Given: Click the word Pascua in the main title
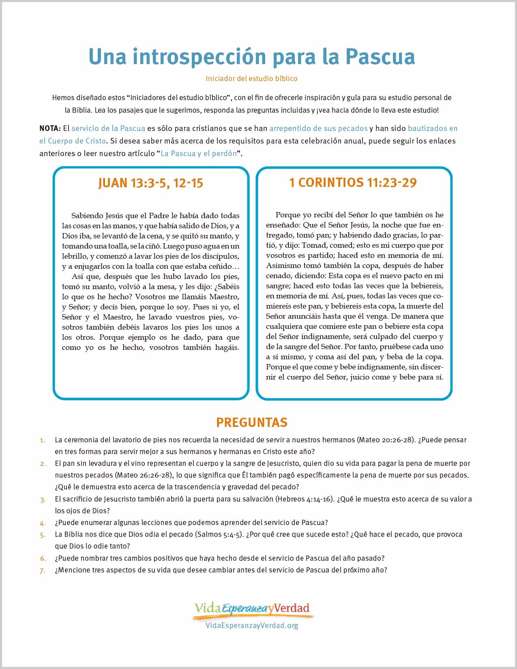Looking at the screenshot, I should point(380,57).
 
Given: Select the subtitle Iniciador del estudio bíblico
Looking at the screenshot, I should point(251,79).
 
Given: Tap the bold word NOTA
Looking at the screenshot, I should point(49,129).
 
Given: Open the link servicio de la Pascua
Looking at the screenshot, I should point(108,129).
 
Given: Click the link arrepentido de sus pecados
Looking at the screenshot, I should point(318,129).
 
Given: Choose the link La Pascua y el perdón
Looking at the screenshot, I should point(199,154).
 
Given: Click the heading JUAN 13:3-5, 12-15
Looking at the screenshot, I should point(150,183).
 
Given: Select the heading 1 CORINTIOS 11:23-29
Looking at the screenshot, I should point(353,182).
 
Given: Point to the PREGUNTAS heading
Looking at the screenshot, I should point(252,422).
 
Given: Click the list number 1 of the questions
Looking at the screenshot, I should point(43,440).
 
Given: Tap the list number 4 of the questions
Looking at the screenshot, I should point(43,523).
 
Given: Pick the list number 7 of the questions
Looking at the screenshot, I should point(43,570).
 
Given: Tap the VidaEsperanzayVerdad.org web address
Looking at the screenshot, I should point(252,625).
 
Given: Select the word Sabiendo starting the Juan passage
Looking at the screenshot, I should point(87,216).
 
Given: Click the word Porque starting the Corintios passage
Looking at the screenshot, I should point(288,215).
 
